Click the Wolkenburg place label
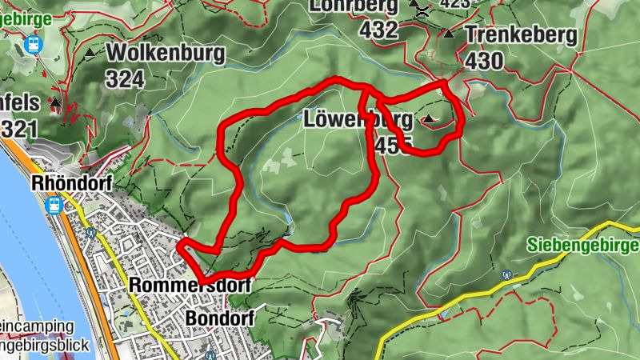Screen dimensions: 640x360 [166, 54]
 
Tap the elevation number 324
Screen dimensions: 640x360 [125, 78]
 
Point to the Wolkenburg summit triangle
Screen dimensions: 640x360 [90, 54]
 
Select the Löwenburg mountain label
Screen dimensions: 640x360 [358, 121]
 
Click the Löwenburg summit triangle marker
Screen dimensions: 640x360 [430, 120]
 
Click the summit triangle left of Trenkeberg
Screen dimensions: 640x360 [449, 34]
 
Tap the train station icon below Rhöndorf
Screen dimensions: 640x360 [54, 205]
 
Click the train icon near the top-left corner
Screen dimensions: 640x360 [34, 44]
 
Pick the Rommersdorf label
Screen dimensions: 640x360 [190, 286]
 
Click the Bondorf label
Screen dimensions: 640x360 [219, 318]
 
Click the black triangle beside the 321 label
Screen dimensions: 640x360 [55, 102]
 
